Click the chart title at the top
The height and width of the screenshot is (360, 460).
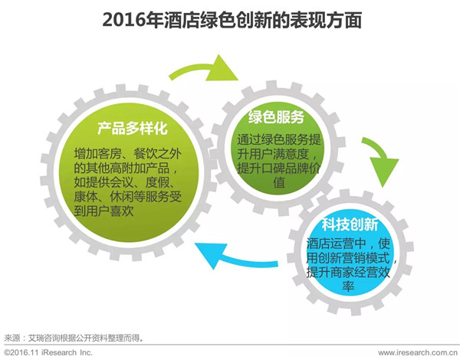(x=232, y=20)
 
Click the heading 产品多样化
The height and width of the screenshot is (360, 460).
(x=133, y=128)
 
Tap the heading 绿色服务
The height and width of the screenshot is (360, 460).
(x=276, y=116)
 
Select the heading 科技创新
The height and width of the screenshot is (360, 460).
(x=350, y=224)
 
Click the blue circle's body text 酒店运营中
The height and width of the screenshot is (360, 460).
(x=337, y=244)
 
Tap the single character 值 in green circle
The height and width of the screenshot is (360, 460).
(x=279, y=182)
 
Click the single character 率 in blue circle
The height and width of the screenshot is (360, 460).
(x=348, y=286)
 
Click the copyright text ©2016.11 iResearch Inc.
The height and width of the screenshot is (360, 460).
(x=48, y=352)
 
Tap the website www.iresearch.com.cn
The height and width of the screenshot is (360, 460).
(x=418, y=352)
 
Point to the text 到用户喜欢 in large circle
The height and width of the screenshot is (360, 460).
(x=103, y=211)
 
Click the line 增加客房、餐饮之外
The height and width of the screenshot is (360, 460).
(x=127, y=153)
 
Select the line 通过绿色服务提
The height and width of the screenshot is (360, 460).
(x=279, y=139)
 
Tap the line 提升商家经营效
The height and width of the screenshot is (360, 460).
(x=348, y=272)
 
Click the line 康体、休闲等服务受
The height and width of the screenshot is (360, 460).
(x=127, y=197)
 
